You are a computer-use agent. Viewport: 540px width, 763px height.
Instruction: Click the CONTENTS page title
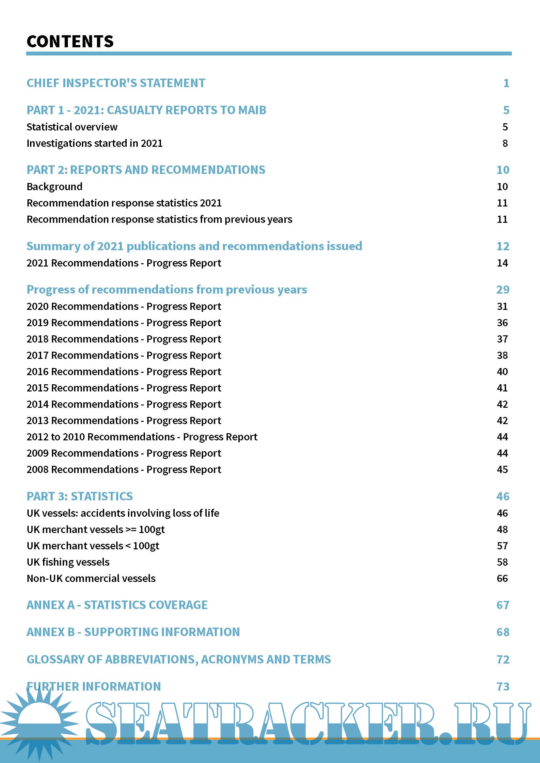coord(70,41)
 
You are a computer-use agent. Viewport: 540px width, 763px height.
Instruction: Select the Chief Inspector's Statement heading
coord(116,83)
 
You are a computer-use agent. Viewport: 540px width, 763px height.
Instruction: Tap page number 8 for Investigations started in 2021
coord(505,143)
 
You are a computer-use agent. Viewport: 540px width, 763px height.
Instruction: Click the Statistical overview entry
coord(72,127)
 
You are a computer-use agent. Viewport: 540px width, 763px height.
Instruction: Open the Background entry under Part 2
coord(55,187)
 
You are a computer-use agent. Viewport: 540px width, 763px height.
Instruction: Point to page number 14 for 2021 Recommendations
coord(502,263)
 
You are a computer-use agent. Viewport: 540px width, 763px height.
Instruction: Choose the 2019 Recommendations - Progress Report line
coord(124,323)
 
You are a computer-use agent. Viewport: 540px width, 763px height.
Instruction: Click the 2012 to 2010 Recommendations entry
coord(142,437)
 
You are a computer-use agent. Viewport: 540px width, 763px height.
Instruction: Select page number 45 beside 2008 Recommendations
coord(502,469)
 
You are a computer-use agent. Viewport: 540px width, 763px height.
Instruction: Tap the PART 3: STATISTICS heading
coord(79,496)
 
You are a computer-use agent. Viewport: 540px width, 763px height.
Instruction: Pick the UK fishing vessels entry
coord(68,562)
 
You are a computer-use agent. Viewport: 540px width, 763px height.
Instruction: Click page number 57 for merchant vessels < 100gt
coord(502,546)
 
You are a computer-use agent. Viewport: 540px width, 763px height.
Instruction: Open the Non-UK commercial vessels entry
coord(91,579)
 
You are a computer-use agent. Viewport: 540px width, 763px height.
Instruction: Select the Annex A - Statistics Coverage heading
coord(117,605)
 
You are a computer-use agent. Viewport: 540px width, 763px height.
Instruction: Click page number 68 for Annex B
coord(502,632)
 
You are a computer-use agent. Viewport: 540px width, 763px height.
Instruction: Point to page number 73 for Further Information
coord(502,687)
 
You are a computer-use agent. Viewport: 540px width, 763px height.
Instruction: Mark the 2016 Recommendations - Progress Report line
coord(124,372)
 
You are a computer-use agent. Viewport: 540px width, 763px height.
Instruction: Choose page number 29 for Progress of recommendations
coord(502,290)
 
